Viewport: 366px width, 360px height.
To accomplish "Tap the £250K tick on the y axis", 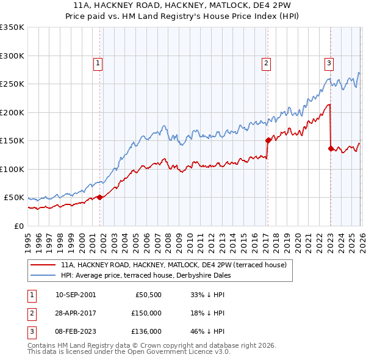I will click(x=12, y=84).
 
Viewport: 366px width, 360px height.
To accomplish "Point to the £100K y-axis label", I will click(x=12, y=169).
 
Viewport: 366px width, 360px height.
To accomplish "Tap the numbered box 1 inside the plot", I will click(x=98, y=62).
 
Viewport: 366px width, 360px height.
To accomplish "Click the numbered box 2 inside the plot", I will click(x=267, y=62).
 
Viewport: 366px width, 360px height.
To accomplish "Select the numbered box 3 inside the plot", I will click(x=329, y=62).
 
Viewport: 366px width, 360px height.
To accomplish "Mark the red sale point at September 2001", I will click(x=100, y=197).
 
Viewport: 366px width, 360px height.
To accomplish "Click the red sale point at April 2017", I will click(x=268, y=140).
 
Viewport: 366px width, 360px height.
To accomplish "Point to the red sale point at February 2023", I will click(x=331, y=148).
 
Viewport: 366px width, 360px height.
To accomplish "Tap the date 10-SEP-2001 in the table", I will click(x=75, y=295).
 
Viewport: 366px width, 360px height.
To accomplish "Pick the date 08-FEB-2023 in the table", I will click(x=75, y=331).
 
